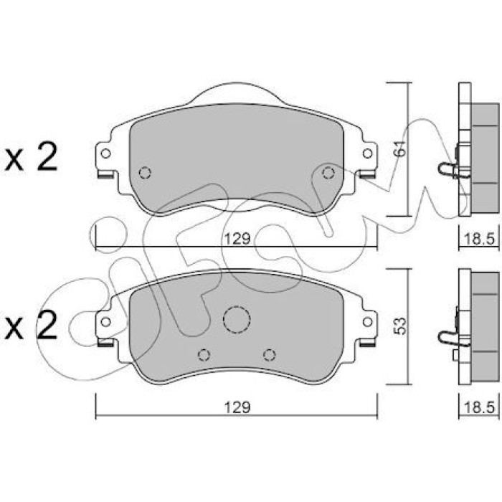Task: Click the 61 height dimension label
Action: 400,148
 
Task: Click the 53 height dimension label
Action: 400,326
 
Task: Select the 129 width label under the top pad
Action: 237,239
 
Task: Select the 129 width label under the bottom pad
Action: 237,407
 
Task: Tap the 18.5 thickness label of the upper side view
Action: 479,239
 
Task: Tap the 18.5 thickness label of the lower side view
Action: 479,407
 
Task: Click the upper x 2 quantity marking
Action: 31,157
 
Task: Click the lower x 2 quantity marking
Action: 31,325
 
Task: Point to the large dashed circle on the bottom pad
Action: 237,319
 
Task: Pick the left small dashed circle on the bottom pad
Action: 204,355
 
